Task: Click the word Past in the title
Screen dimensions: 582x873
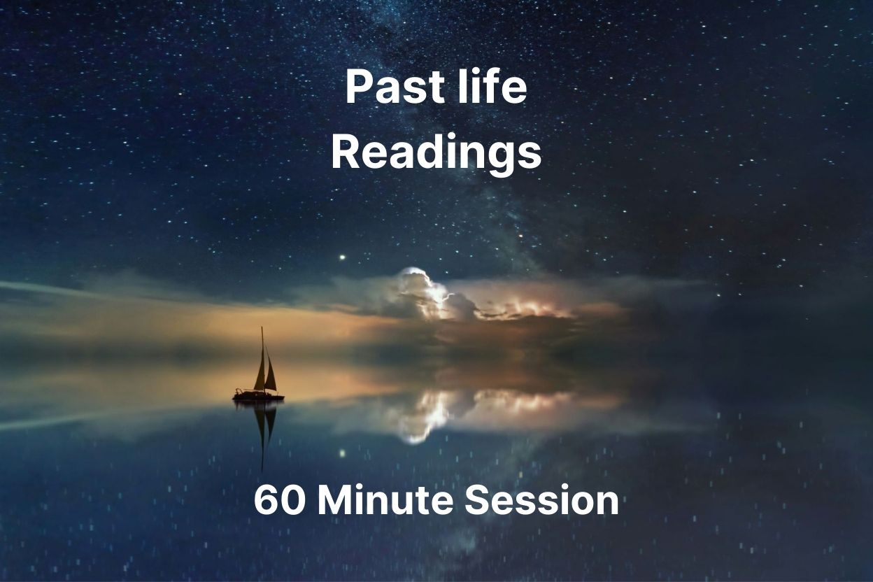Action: (387, 89)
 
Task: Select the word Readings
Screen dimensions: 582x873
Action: (436, 153)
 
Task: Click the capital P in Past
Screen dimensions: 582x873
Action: (357, 89)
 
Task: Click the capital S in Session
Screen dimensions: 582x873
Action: (478, 501)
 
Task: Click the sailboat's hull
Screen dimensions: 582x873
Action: (258, 396)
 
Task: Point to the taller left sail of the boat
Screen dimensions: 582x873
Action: (260, 371)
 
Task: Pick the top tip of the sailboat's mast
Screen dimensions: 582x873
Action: (262, 328)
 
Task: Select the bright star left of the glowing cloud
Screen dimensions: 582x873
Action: (342, 257)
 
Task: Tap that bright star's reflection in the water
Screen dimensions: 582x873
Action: (342, 453)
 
